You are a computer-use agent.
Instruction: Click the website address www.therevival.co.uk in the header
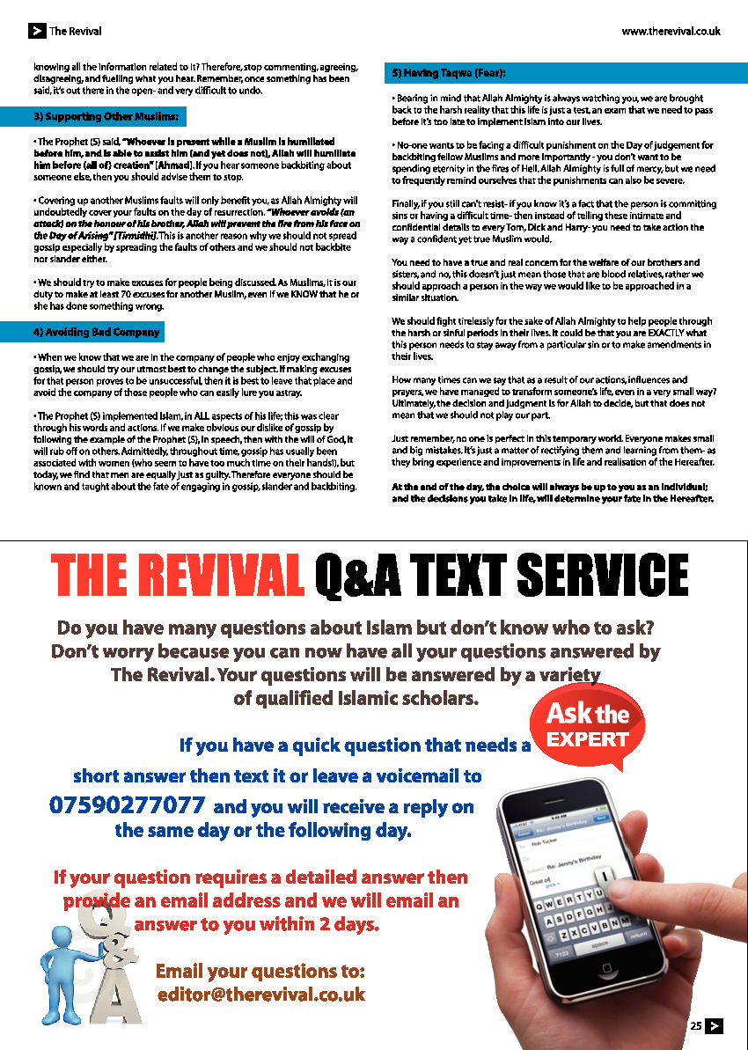tap(671, 31)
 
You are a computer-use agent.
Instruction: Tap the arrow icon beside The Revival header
tap(36, 31)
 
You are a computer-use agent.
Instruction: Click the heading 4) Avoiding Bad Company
tap(97, 332)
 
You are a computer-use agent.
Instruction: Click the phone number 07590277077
tap(128, 804)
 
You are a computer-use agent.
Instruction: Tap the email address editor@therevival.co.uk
tap(260, 995)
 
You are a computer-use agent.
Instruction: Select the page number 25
tap(696, 1025)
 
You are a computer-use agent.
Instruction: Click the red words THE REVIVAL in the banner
tap(177, 576)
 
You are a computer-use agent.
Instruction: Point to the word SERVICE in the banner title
tap(602, 576)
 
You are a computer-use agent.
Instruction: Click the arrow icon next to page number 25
tap(715, 1025)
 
